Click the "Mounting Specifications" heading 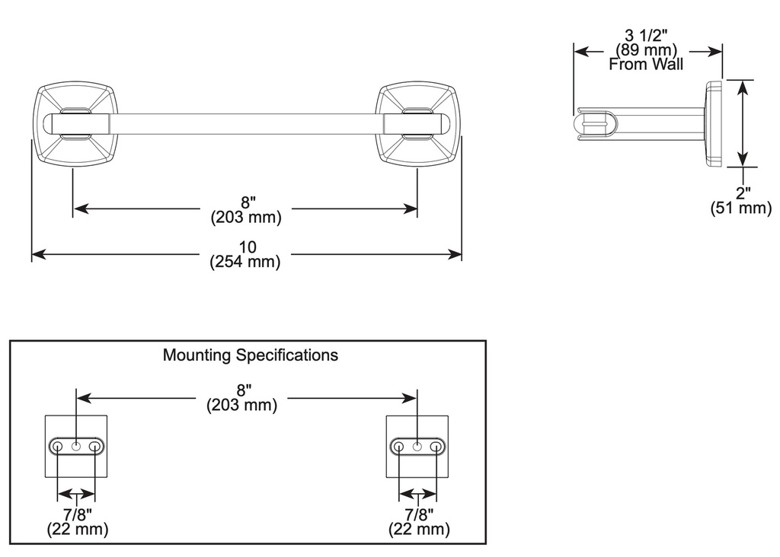(250, 355)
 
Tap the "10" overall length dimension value (248, 247)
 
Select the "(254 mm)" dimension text (245, 261)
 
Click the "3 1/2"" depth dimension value (646, 35)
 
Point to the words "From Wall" (646, 64)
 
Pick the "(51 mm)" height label (741, 208)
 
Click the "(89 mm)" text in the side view (646, 49)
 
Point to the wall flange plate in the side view (714, 123)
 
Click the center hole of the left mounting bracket (76, 446)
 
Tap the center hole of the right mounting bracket (417, 446)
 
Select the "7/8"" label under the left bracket (77, 514)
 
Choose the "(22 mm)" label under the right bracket (419, 529)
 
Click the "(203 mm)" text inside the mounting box (241, 405)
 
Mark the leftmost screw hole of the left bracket (58, 446)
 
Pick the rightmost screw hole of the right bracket (436, 446)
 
